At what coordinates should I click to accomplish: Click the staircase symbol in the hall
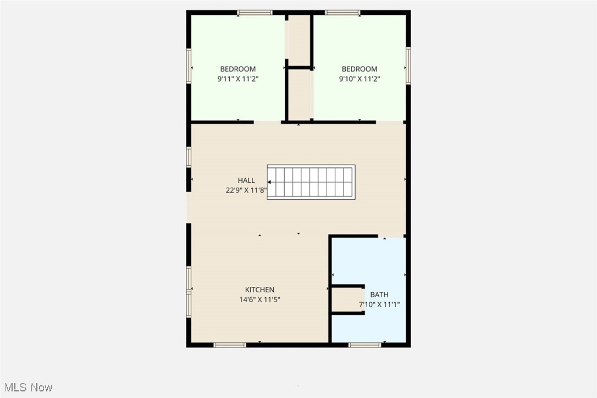point(311,182)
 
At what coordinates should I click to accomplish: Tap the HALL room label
point(246,181)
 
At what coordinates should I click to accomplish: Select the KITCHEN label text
point(259,290)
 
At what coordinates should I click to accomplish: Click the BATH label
point(379,295)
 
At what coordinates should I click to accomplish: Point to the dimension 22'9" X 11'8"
point(246,190)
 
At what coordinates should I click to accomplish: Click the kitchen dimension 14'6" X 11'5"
point(259,300)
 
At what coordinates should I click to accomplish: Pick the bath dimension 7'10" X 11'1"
point(379,304)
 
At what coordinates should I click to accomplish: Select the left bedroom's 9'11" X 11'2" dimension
point(237,79)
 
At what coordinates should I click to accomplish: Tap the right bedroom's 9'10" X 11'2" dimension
point(360,79)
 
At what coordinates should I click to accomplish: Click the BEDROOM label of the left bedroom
point(237,69)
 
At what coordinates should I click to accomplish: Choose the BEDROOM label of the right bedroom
point(360,69)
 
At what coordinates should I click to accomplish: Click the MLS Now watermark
point(27,387)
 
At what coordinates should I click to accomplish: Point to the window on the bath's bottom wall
point(364,345)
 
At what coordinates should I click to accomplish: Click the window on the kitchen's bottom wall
point(230,345)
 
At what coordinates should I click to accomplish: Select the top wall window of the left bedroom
point(255,12)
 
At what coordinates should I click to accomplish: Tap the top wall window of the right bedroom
point(342,12)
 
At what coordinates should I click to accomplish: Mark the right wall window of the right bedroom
point(408,66)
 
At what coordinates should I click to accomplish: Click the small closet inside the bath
point(347,300)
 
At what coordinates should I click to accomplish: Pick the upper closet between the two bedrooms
point(300,40)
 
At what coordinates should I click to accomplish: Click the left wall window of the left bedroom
point(189,67)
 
